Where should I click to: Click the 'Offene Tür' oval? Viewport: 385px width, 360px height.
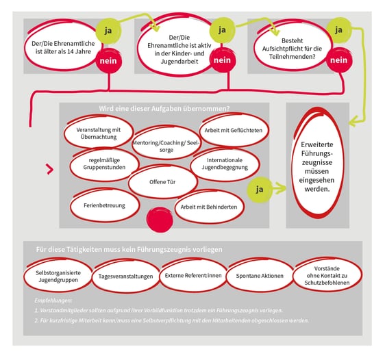tap(162, 181)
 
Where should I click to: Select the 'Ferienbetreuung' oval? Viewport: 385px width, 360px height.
tap(105, 205)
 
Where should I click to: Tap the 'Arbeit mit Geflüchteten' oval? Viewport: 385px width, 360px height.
tap(234, 130)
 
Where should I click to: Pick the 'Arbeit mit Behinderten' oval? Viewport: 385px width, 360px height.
tap(209, 207)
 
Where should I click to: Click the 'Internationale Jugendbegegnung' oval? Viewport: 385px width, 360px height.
tap(225, 164)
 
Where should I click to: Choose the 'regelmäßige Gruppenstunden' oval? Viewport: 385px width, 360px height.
tap(104, 164)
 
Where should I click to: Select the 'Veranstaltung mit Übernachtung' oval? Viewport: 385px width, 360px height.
tap(99, 133)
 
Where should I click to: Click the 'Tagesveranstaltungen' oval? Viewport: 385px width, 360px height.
tap(125, 276)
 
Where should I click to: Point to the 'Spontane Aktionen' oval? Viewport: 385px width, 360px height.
tap(260, 275)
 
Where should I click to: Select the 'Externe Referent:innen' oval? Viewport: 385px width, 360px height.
tap(193, 275)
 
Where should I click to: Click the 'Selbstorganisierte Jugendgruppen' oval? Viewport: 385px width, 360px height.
tap(58, 275)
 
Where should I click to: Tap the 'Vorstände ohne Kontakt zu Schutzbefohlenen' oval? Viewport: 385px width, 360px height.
tap(327, 275)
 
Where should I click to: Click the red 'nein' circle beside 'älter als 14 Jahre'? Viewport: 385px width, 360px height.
tap(108, 61)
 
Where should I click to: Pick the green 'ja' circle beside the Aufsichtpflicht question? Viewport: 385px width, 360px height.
tap(338, 30)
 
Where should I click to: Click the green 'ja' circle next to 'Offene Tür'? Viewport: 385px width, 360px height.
tap(260, 190)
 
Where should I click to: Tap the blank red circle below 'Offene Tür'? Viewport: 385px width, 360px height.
tap(160, 220)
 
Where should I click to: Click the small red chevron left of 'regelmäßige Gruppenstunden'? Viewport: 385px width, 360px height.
tap(50, 169)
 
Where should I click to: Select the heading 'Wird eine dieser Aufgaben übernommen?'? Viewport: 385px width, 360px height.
tap(164, 108)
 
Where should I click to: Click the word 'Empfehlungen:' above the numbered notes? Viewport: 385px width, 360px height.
tap(53, 300)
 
